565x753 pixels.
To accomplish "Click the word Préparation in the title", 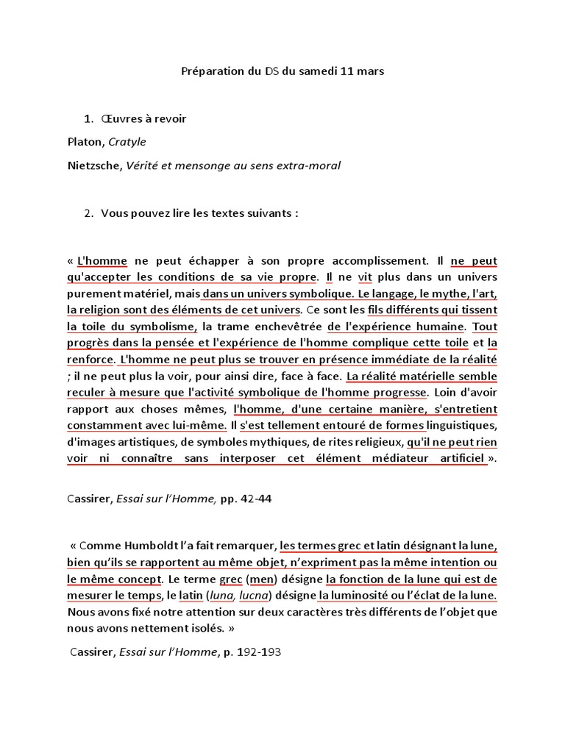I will pos(213,71).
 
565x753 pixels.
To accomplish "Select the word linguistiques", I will pos(457,424).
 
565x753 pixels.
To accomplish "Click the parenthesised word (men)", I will pos(259,579).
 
